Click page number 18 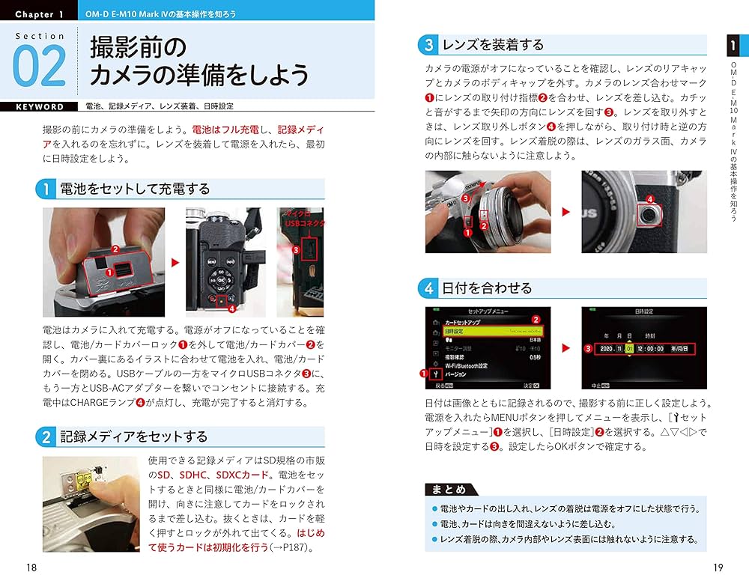[x=31, y=568]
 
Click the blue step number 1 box [x=46, y=189]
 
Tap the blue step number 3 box [x=428, y=45]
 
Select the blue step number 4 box [x=428, y=288]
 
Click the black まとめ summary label [x=447, y=490]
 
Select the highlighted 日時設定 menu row [x=492, y=329]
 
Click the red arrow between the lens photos [x=566, y=212]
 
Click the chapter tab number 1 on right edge [x=733, y=45]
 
